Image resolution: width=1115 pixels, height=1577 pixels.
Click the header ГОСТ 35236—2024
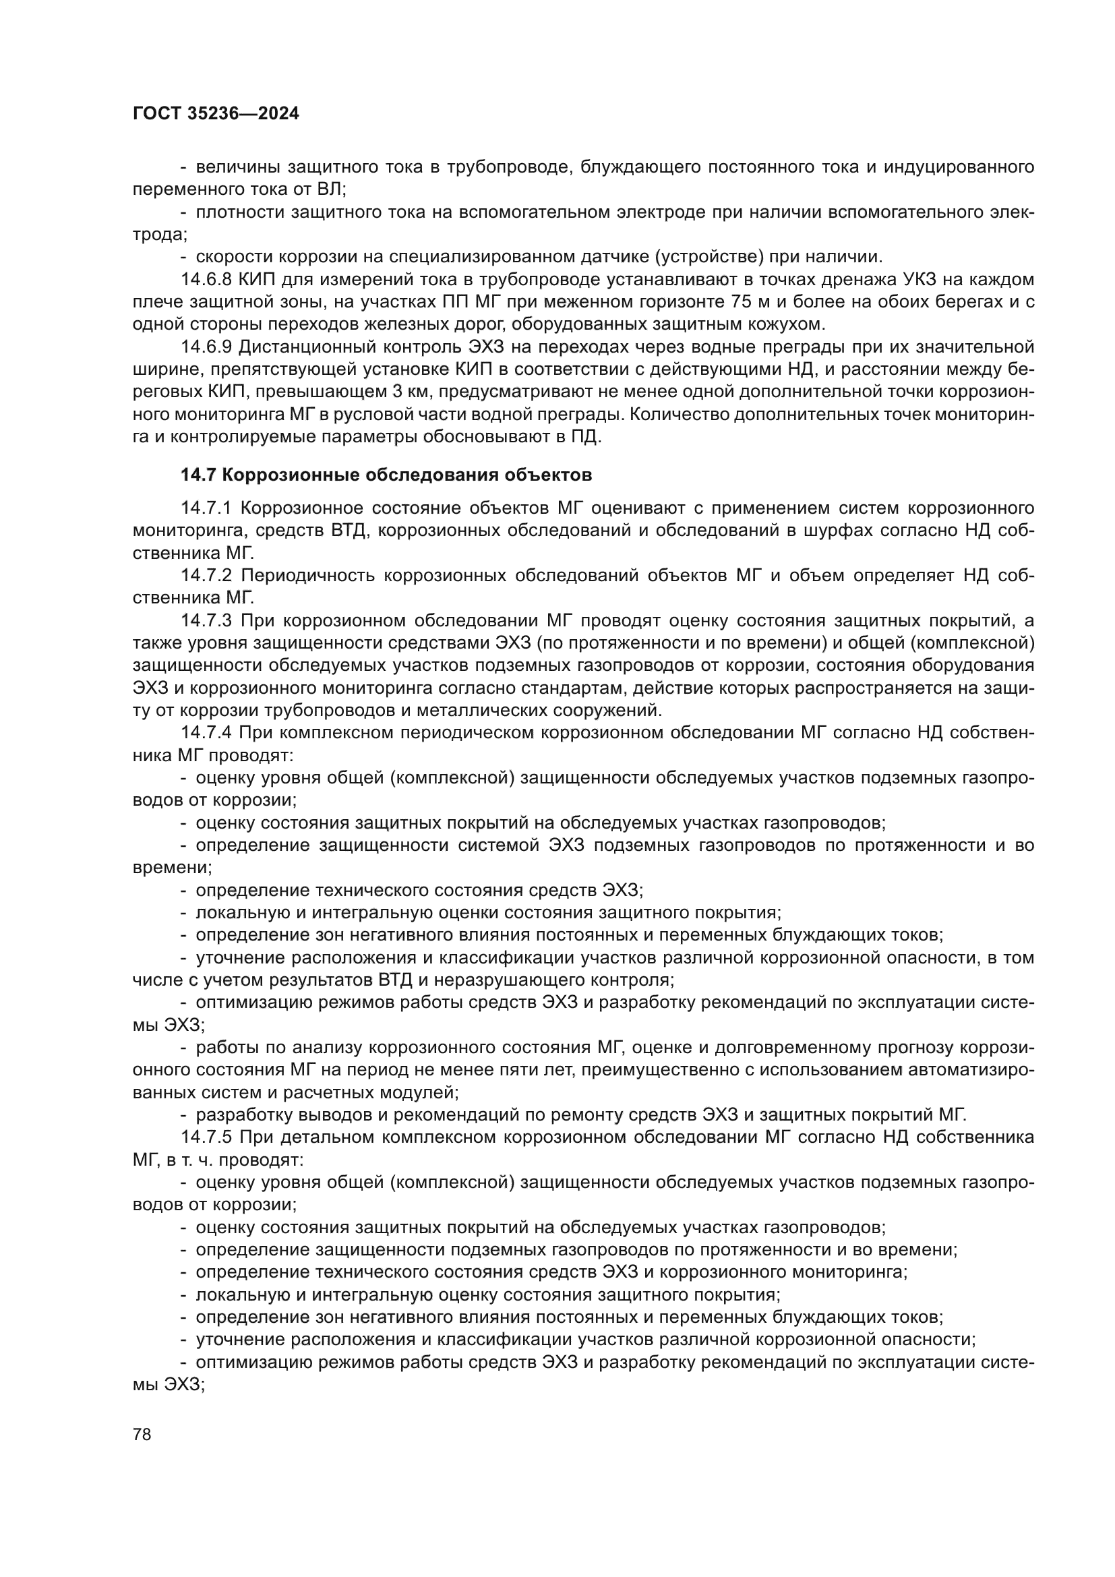(x=216, y=114)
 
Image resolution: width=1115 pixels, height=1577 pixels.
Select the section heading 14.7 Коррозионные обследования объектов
(x=386, y=475)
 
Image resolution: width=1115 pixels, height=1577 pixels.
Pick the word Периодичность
(x=308, y=575)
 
